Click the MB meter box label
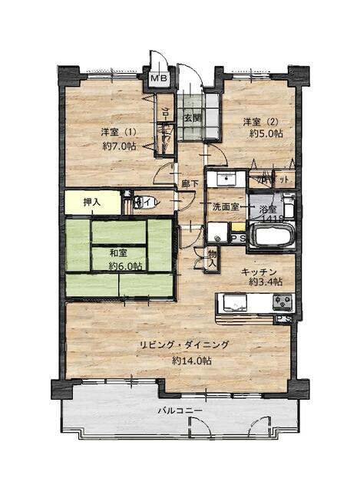pyautogui.click(x=160, y=77)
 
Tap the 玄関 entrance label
pyautogui.click(x=192, y=118)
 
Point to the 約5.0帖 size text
pyautogui.click(x=266, y=133)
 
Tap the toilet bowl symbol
pyautogui.click(x=144, y=203)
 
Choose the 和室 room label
pyautogui.click(x=117, y=252)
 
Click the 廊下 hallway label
pyautogui.click(x=190, y=184)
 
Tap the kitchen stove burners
pyautogui.click(x=281, y=302)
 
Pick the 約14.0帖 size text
pyautogui.click(x=192, y=361)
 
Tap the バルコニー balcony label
pyautogui.click(x=180, y=410)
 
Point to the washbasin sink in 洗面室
pyautogui.click(x=226, y=180)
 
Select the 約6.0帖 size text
pyautogui.click(x=124, y=266)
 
